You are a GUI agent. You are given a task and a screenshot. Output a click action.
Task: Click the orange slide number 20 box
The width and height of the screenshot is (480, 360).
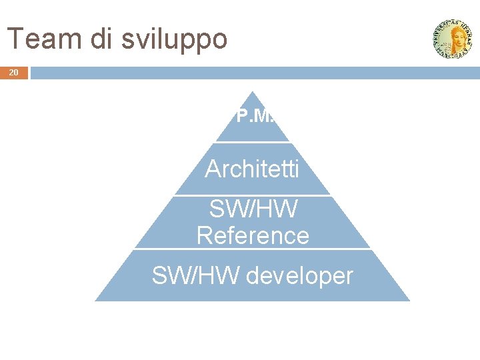click(x=14, y=73)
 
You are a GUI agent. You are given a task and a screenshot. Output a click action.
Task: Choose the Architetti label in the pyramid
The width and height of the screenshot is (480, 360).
click(x=252, y=169)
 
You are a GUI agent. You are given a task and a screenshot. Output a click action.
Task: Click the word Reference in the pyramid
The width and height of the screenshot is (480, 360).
click(x=253, y=235)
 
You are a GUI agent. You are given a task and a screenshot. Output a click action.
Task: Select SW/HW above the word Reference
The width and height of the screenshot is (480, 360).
click(x=253, y=209)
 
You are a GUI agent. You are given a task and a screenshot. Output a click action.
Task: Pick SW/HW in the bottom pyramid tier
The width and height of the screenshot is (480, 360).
click(x=195, y=275)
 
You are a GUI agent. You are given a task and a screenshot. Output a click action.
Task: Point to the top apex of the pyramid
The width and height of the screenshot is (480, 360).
click(x=252, y=92)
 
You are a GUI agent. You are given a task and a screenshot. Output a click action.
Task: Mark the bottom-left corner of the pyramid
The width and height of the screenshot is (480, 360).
click(x=95, y=301)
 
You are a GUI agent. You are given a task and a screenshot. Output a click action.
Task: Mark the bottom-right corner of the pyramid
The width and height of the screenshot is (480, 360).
click(x=409, y=301)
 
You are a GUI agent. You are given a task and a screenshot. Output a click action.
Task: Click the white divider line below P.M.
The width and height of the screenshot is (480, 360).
click(x=252, y=142)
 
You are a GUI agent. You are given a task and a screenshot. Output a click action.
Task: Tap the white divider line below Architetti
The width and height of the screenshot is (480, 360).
click(x=252, y=195)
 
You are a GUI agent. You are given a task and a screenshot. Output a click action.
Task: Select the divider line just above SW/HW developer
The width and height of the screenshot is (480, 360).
click(x=252, y=249)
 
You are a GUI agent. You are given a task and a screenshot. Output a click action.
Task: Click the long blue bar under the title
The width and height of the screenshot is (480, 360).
click(x=253, y=73)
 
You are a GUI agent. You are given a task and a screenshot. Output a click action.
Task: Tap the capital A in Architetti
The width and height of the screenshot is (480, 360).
click(x=213, y=169)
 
